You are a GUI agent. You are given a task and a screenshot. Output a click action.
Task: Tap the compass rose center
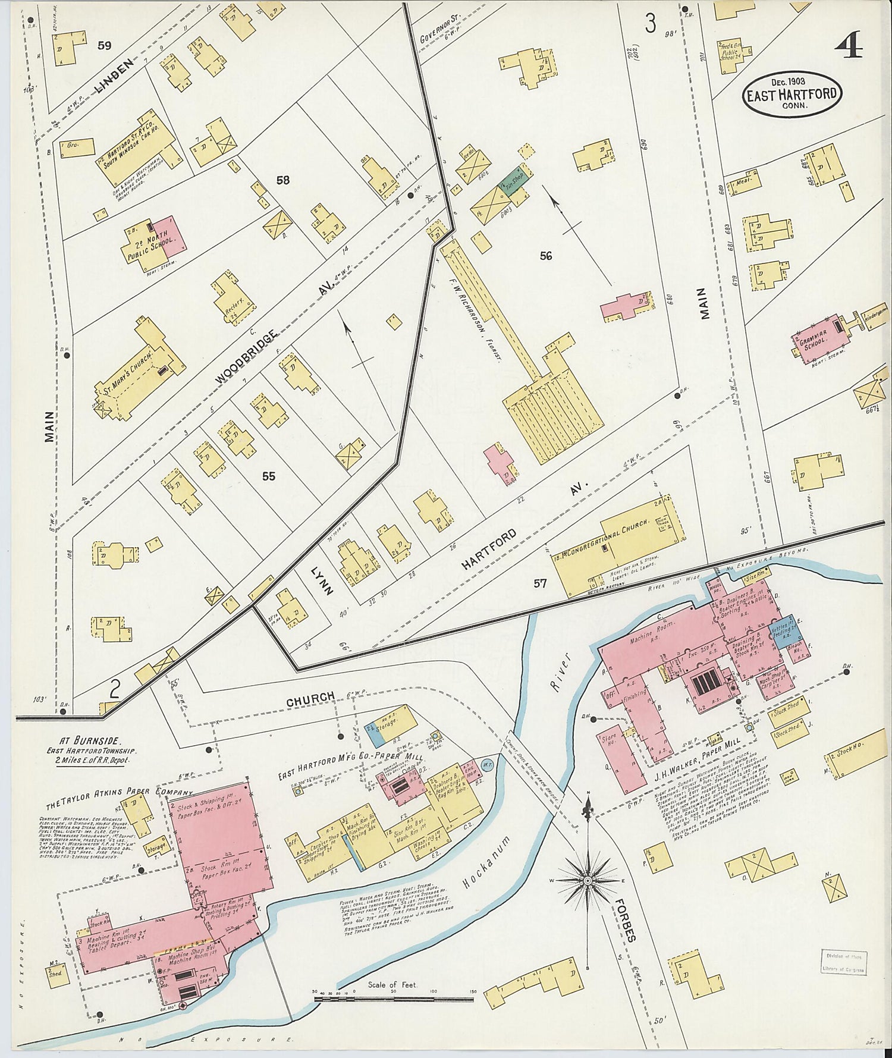point(588,880)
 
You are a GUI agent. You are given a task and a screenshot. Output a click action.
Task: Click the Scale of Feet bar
point(392,994)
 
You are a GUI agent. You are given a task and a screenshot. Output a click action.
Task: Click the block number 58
point(282,180)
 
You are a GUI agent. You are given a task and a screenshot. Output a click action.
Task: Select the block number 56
point(546,256)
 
